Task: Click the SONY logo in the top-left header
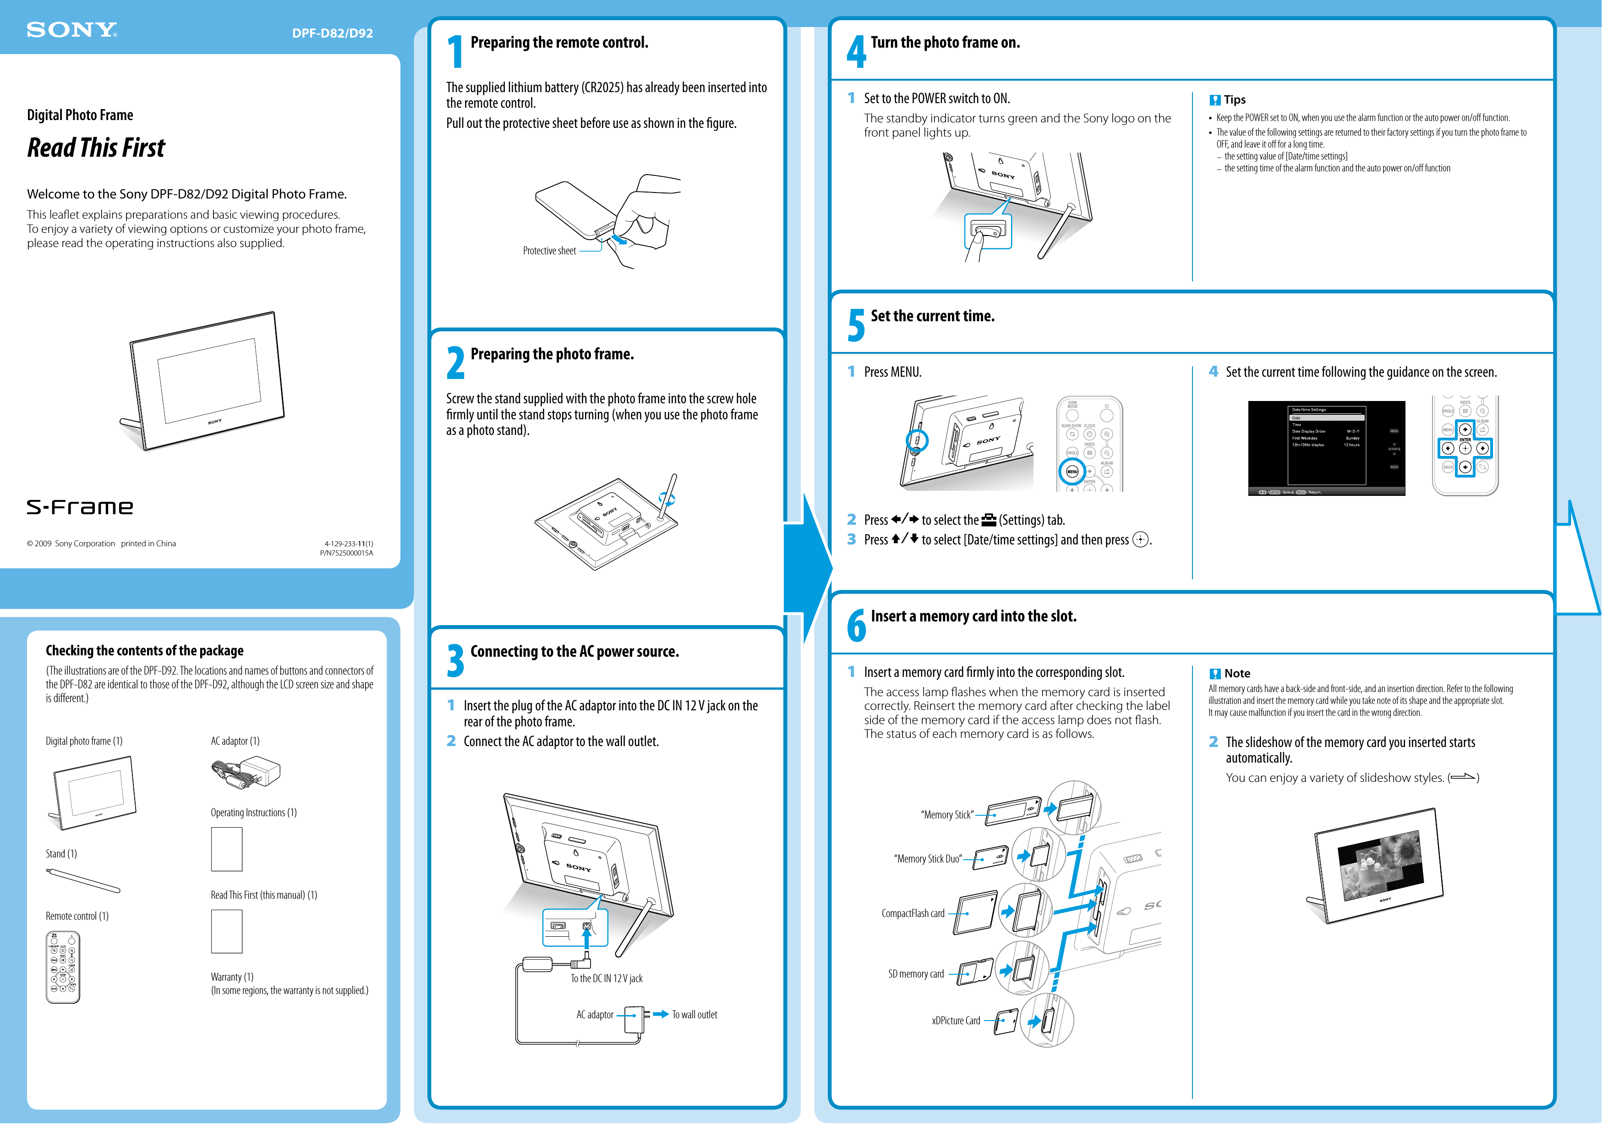(x=71, y=30)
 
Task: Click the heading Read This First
(x=96, y=148)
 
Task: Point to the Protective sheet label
(x=549, y=251)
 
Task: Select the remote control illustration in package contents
(x=63, y=967)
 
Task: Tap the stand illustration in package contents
(x=82, y=880)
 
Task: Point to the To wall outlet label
(x=694, y=1015)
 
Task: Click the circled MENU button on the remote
(x=1072, y=472)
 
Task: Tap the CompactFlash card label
(x=913, y=914)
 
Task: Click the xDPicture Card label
(x=955, y=1021)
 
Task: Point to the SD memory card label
(x=915, y=974)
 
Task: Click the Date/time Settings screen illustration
(x=1326, y=448)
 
